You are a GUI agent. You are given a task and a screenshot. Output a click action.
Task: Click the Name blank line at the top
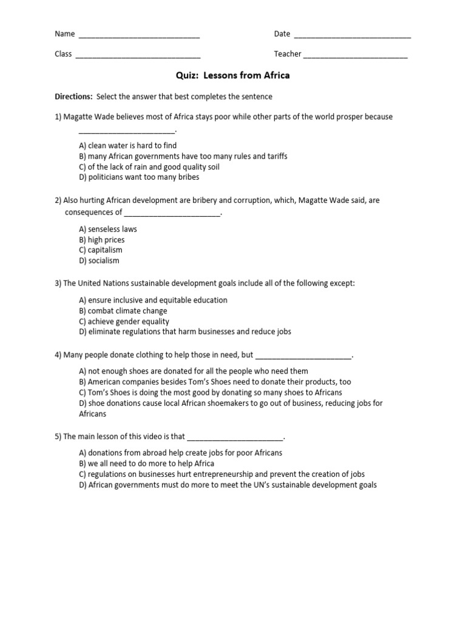coord(139,35)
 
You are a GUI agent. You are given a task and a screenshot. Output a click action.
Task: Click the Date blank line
coord(352,35)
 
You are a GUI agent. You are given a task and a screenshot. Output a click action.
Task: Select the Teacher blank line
coord(355,55)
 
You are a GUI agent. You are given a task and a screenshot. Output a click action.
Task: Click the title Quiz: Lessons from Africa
coord(233,76)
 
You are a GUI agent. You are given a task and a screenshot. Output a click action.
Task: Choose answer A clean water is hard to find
coord(127,146)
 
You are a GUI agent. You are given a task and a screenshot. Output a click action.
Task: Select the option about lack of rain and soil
coord(149,167)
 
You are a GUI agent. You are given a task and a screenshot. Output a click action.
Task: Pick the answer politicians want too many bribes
coord(139,177)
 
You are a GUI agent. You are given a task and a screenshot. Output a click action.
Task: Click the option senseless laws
coord(108,229)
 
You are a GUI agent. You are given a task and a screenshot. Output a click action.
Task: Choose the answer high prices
coord(102,240)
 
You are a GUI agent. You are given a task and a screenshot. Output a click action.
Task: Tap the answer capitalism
coord(101,250)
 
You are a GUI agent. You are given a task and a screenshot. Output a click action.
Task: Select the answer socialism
coord(100,261)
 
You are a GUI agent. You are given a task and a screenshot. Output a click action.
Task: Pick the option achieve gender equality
coord(124,321)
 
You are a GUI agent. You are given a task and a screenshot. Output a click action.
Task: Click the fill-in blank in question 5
coord(235,437)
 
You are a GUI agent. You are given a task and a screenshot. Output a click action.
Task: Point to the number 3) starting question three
coord(58,283)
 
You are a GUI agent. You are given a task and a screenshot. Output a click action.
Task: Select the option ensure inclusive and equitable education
coord(154,300)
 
